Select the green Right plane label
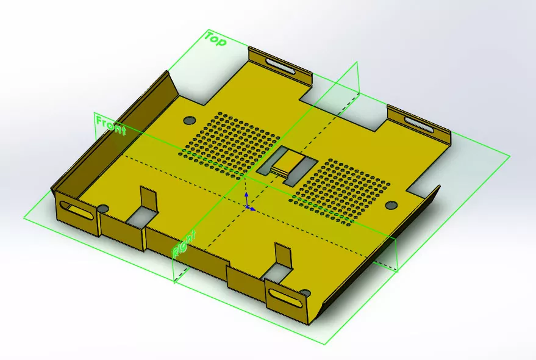(x=184, y=243)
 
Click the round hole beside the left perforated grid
(x=188, y=120)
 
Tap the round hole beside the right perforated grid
(x=391, y=204)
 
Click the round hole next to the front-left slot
(x=103, y=209)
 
